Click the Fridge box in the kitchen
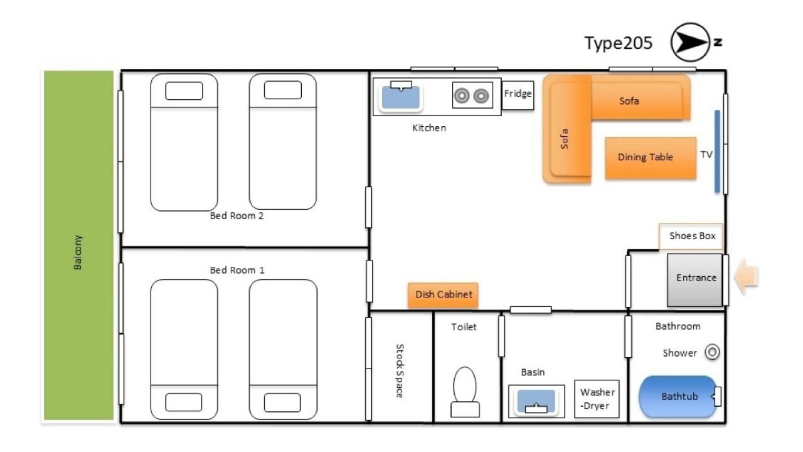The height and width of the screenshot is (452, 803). point(518,95)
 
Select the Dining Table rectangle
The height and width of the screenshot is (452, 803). point(651,158)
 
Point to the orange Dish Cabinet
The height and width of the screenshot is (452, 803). point(443,295)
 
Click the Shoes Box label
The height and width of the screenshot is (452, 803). point(692,235)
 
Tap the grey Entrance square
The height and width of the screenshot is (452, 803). point(694,280)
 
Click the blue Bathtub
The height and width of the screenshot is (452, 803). point(678,396)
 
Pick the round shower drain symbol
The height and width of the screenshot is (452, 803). point(712,352)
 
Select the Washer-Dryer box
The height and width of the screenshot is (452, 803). point(597,399)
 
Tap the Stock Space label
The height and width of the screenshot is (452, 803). point(400,370)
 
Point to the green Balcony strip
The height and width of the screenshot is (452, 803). point(78,245)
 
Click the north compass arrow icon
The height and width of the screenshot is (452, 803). point(690,42)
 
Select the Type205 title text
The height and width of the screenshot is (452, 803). point(619,43)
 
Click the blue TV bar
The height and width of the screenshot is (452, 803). point(717,151)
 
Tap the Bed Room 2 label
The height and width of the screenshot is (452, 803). point(237,215)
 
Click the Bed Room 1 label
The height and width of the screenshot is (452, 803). point(237,270)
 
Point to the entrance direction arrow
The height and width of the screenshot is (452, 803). point(746,277)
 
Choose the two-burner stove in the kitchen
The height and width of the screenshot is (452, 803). point(472,95)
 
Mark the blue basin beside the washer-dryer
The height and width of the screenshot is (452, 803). point(536,401)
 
